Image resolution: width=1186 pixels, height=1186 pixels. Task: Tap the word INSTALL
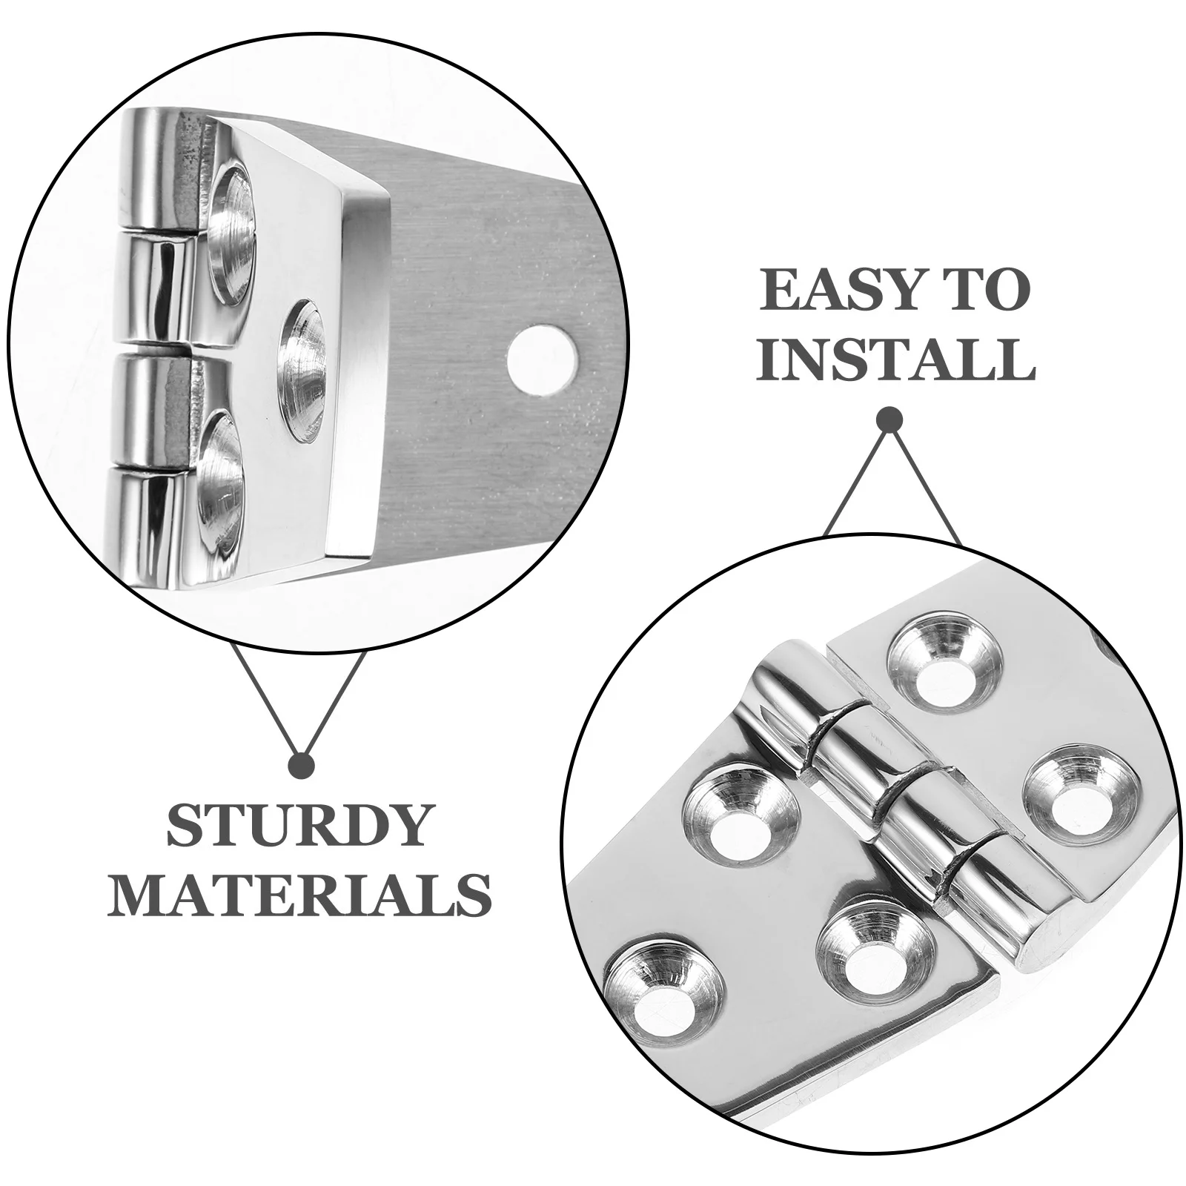coord(895,360)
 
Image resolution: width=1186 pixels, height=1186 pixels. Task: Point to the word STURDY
coord(298,826)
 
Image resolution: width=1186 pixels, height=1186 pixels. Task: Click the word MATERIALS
coord(299,894)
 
